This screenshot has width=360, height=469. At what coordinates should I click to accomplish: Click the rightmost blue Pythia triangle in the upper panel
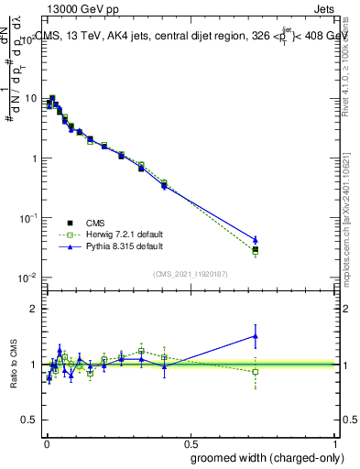pos(256,239)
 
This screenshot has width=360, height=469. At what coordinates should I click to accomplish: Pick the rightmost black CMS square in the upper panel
pos(256,249)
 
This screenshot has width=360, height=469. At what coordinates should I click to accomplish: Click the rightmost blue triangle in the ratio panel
pos(256,336)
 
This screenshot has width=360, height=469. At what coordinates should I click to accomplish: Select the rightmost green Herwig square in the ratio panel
pos(256,372)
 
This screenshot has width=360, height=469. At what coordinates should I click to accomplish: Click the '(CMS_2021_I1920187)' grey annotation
pos(191,272)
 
